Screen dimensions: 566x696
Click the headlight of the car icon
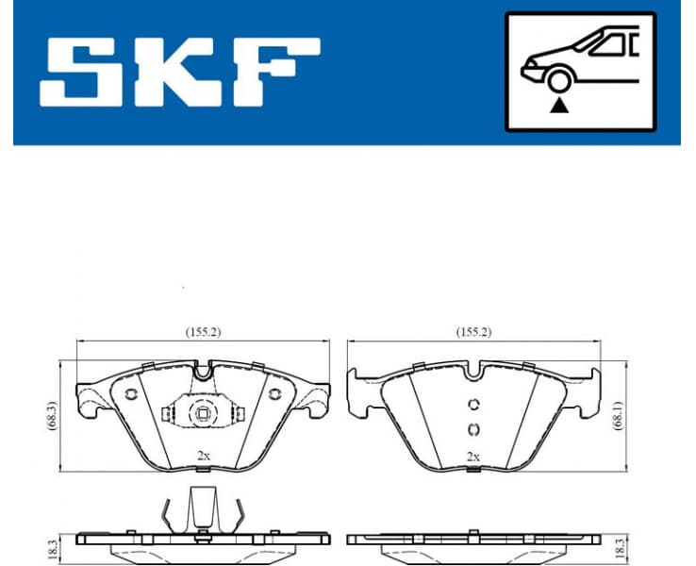point(531,68)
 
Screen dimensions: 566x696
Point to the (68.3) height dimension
point(52,414)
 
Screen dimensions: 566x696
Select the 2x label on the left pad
point(203,455)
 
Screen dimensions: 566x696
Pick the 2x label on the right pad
point(473,456)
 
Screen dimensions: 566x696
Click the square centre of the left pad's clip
point(202,412)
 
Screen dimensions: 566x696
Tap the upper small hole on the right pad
point(474,406)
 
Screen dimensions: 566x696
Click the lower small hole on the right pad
point(474,430)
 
